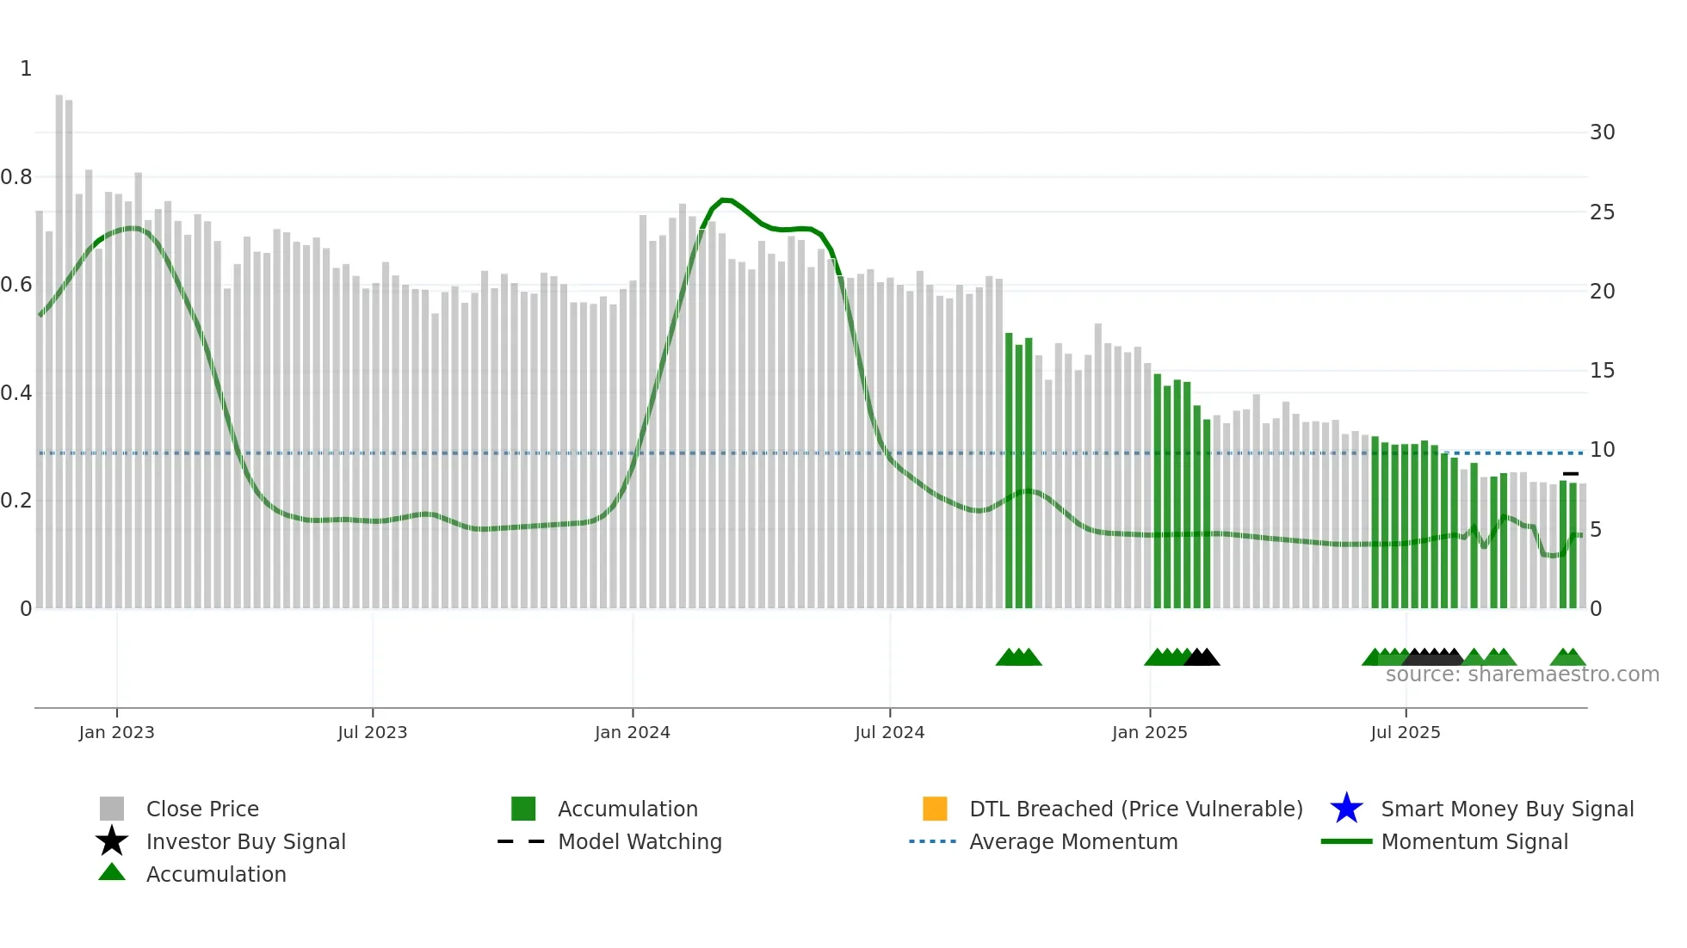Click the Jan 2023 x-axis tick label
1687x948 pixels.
(x=116, y=732)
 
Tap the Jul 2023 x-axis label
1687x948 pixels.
(x=372, y=732)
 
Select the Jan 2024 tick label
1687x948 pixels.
(x=632, y=732)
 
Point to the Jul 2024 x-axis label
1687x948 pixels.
(x=889, y=732)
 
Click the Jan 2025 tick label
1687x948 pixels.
(x=1149, y=732)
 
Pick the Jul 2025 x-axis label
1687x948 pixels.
(x=1405, y=732)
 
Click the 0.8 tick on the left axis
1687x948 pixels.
(x=16, y=177)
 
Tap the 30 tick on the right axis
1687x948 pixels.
(x=1602, y=132)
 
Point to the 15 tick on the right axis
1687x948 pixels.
(x=1602, y=371)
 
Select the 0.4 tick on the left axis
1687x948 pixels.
(x=16, y=393)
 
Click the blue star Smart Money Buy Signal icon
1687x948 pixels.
(x=1346, y=809)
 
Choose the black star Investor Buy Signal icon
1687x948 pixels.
(x=112, y=841)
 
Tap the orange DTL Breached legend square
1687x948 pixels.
(x=935, y=809)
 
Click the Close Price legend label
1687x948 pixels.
(x=202, y=809)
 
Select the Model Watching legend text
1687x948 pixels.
(x=640, y=841)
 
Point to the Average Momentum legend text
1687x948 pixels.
(x=1073, y=841)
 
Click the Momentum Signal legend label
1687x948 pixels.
(x=1474, y=841)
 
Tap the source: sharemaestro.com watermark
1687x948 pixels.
(x=1522, y=674)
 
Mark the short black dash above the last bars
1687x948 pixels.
(x=1571, y=474)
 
